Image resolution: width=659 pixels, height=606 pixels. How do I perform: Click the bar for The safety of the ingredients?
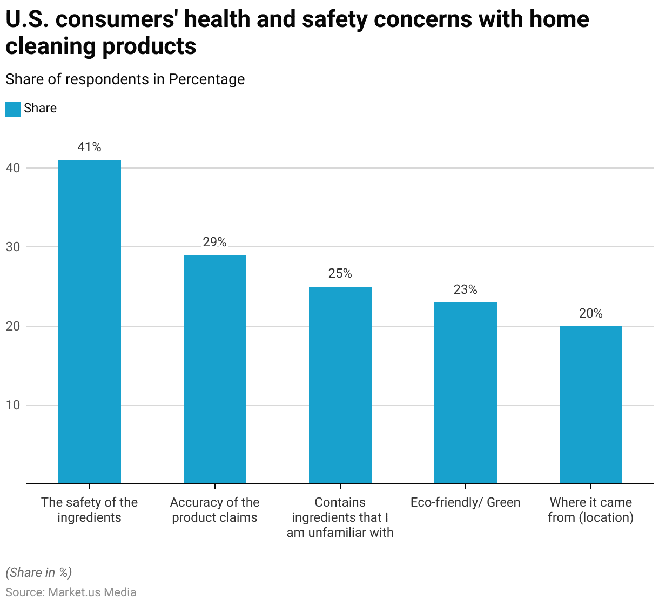[x=90, y=321]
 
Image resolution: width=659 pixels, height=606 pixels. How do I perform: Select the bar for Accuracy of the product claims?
[x=215, y=369]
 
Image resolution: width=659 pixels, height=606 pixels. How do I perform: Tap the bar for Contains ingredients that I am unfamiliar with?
[x=340, y=385]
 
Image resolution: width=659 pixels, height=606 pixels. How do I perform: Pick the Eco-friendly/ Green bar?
[x=466, y=393]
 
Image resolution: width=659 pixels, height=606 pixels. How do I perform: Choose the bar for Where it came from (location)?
[x=591, y=405]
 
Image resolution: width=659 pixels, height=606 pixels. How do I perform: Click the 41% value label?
[x=90, y=147]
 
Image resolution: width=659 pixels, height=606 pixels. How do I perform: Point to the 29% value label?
[x=215, y=242]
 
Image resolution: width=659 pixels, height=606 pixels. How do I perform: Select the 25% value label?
[x=340, y=274]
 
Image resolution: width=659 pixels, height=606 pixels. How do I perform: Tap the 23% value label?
[x=466, y=289]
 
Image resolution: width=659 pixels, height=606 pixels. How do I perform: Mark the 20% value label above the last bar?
[x=591, y=313]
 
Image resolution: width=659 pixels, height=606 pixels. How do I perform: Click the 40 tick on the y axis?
[x=13, y=168]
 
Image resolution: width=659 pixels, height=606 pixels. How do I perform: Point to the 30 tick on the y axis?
[x=13, y=247]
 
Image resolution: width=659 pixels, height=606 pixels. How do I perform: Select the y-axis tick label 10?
[x=13, y=405]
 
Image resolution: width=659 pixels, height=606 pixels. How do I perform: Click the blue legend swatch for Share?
[x=13, y=109]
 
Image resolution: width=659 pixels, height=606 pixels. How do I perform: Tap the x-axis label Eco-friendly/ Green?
[x=466, y=502]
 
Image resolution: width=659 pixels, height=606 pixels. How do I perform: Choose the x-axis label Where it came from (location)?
[x=591, y=510]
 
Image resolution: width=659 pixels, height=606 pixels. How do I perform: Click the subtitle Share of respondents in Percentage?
[x=125, y=79]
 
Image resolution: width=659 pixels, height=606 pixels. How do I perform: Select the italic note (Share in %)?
[x=38, y=573]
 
